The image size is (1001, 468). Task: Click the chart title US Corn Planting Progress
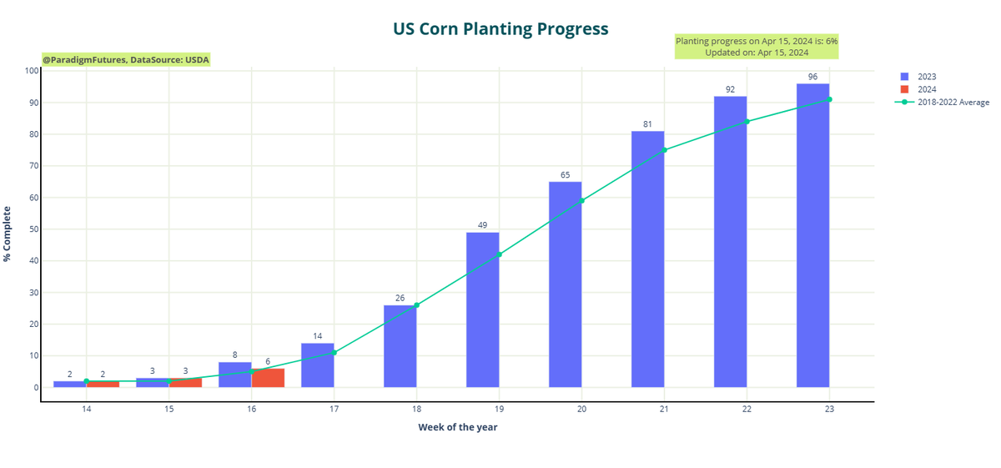[x=500, y=29]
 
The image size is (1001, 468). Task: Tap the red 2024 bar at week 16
[x=268, y=378]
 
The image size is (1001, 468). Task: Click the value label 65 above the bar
[x=565, y=175]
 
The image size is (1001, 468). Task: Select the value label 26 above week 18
[x=400, y=299]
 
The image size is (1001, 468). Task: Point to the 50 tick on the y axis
[x=33, y=229]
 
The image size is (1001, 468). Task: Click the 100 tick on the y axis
[x=31, y=71]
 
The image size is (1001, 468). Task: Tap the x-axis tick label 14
[x=86, y=410]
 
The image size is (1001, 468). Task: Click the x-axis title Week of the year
[x=458, y=427]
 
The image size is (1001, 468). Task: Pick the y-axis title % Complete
[x=8, y=234]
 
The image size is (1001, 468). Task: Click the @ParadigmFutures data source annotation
[x=126, y=60]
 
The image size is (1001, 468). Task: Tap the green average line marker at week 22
[x=747, y=122]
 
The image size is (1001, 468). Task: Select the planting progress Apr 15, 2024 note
[x=756, y=47]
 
